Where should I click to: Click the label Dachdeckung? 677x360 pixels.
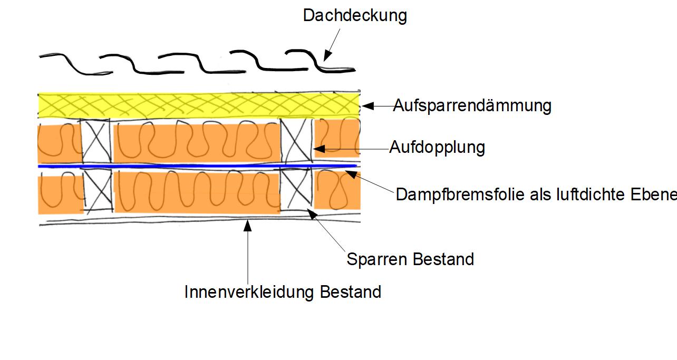pos(354,15)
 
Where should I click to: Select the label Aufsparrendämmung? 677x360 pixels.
pos(472,106)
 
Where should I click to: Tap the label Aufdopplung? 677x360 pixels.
pos(437,147)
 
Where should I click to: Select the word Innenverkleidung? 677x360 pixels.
pos(250,292)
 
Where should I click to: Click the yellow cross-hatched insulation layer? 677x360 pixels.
pos(198,105)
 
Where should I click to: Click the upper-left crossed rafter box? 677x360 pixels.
pos(96,141)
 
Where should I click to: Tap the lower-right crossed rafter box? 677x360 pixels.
pos(296,190)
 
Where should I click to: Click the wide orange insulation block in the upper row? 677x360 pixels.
pos(196,142)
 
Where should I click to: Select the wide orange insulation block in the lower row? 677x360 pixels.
pos(196,192)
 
